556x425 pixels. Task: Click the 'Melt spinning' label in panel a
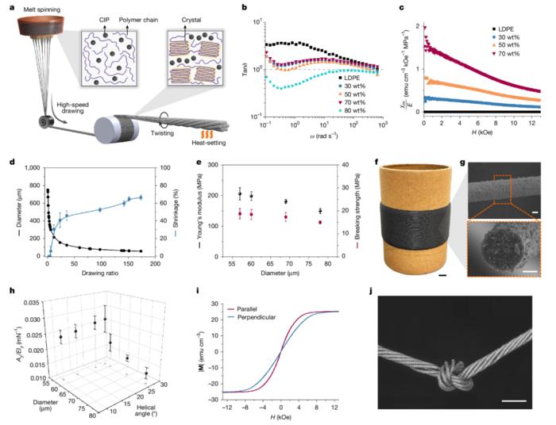pos(34,7)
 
